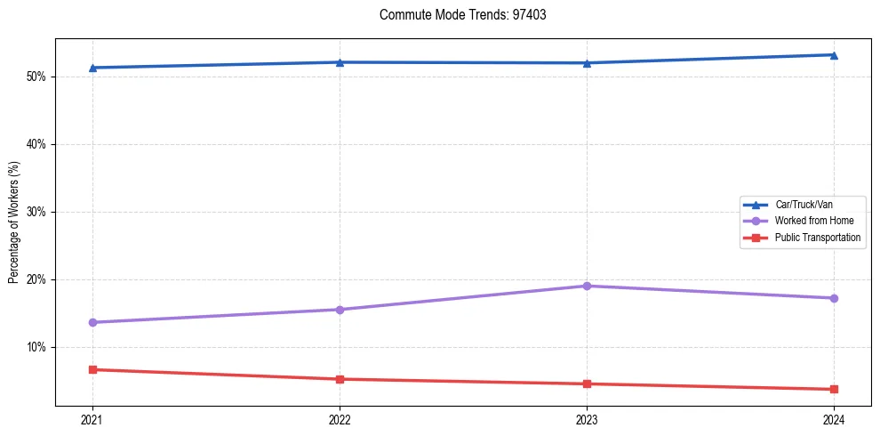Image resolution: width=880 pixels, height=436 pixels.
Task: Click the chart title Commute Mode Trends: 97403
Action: [x=456, y=15]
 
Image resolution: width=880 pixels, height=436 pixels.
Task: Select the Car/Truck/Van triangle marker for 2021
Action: [x=92, y=68]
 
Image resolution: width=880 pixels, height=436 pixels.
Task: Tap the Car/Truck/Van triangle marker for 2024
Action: [x=834, y=55]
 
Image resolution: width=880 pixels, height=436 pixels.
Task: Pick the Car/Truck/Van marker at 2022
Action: [x=340, y=62]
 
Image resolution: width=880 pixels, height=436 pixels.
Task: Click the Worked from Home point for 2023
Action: [x=587, y=286]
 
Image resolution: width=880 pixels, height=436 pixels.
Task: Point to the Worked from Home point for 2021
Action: [x=92, y=322]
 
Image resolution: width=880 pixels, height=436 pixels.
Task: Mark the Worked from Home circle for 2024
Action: [x=834, y=298]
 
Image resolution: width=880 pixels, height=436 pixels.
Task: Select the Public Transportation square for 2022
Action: [x=340, y=379]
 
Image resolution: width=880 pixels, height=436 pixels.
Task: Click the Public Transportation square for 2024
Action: [x=834, y=389]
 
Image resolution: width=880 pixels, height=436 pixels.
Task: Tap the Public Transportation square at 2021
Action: [x=92, y=369]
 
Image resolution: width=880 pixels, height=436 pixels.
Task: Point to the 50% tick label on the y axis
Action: [x=36, y=77]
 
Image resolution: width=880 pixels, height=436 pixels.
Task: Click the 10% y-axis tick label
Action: [x=36, y=347]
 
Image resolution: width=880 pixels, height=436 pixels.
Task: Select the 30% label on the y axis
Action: [x=36, y=212]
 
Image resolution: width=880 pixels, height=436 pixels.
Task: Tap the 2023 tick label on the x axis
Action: [x=587, y=419]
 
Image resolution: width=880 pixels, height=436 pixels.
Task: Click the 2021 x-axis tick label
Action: [x=92, y=419]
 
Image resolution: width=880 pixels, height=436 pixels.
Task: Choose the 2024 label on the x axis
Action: [x=834, y=419]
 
